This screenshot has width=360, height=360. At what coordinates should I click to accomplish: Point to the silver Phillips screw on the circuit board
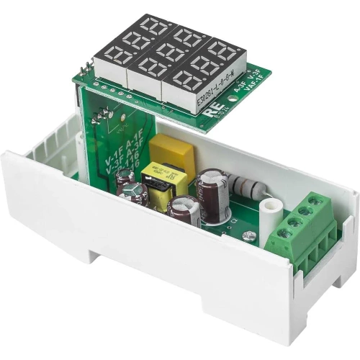(248, 235)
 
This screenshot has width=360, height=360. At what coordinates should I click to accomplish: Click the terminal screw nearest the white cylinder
(285, 233)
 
